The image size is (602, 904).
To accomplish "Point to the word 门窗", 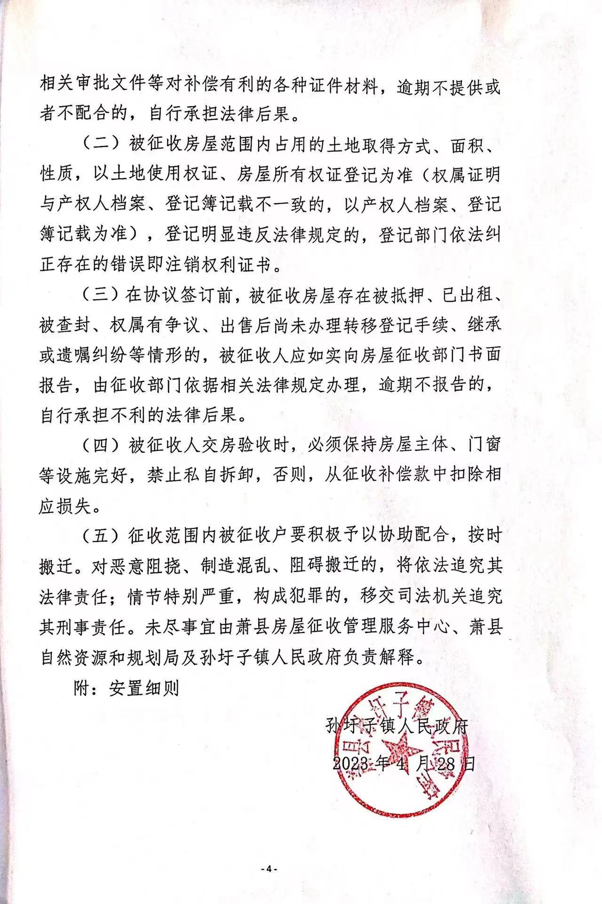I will point(481,445).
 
